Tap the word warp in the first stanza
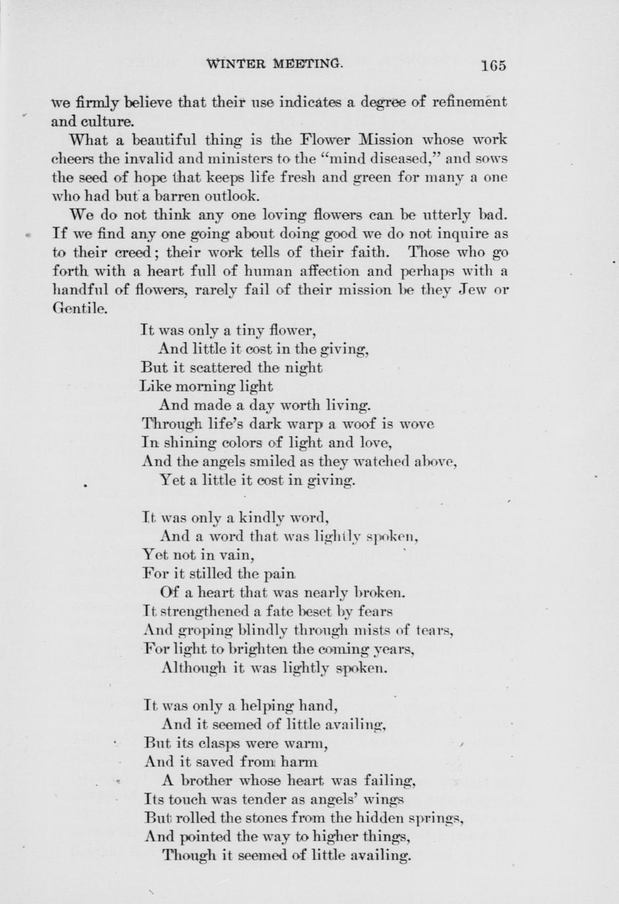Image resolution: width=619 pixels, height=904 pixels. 261,424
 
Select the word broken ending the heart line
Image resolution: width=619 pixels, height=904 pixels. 379,593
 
